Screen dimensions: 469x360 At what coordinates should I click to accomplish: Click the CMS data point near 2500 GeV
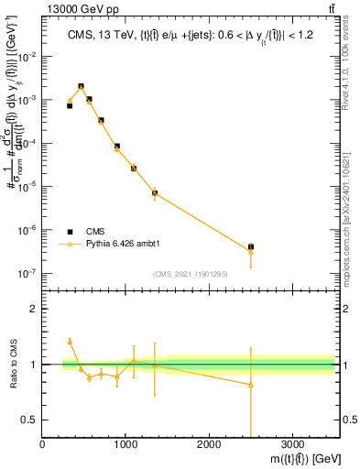coord(251,246)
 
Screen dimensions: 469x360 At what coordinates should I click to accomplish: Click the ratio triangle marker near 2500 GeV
coord(251,385)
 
